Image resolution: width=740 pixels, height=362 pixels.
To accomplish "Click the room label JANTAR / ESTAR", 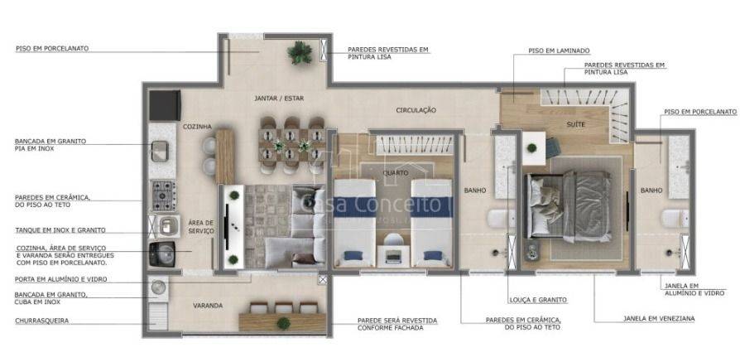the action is pos(279,99).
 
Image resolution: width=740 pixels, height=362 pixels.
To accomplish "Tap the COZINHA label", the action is pos(197,127).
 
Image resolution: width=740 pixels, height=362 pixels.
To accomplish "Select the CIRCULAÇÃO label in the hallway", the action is pos(416,110).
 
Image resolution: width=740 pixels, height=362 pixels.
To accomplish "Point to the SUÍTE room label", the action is pos(576,125).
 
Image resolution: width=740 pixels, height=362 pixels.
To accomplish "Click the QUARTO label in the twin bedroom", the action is pos(396,173).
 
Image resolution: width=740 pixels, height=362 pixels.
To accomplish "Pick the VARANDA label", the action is pos(208,306).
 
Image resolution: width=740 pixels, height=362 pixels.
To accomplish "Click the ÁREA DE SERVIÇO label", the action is pos(201,227).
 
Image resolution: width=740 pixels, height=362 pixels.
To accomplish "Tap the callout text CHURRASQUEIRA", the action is pos(42,321).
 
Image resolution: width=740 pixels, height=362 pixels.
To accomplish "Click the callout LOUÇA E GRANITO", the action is pos(538,300).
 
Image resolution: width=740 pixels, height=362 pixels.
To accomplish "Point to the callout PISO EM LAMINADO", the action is pos(560,51).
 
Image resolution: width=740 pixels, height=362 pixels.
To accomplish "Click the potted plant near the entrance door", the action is pos(300,52).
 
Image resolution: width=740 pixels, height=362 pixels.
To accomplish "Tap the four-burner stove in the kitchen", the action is pos(164,195).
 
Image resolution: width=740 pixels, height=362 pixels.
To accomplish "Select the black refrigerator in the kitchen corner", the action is pos(166,105).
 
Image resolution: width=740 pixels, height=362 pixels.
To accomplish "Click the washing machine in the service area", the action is pos(162,254).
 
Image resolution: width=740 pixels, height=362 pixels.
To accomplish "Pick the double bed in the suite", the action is pos(569,206).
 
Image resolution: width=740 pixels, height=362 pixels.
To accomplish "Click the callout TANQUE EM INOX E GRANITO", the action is pos(60,230).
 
